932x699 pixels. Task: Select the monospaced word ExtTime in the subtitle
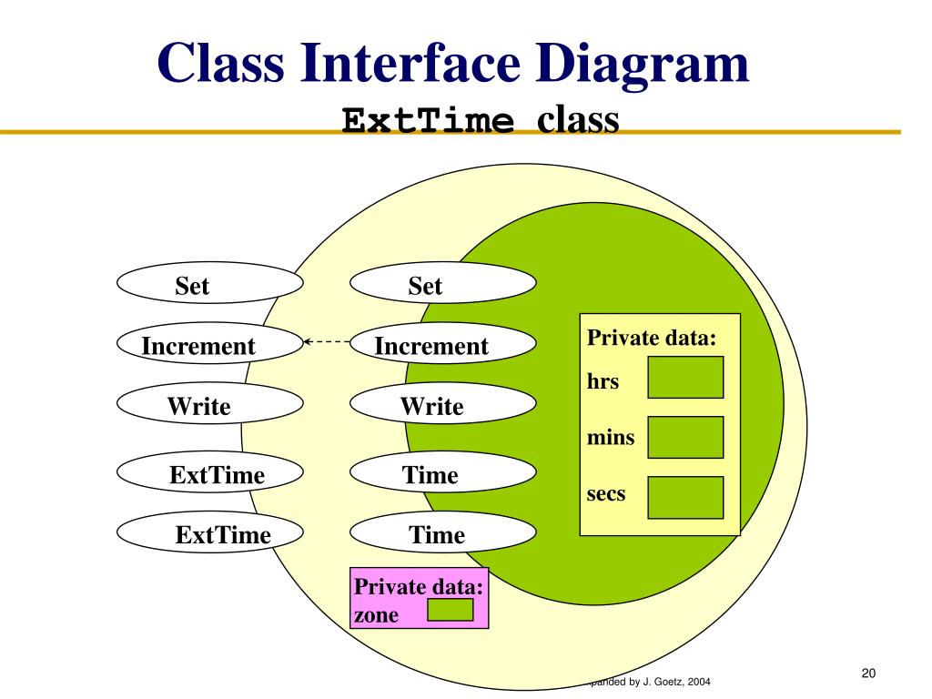click(428, 121)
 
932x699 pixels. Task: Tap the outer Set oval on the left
click(209, 284)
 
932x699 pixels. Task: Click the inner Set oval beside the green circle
click(442, 284)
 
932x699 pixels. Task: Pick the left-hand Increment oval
click(209, 344)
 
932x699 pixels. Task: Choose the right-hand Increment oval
click(442, 344)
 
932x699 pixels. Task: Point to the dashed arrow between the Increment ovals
click(326, 342)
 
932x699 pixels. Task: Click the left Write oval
click(209, 405)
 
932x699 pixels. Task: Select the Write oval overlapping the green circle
click(442, 405)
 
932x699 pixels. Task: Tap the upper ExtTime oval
click(209, 473)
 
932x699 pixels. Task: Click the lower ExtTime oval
click(209, 533)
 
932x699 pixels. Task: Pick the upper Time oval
click(442, 473)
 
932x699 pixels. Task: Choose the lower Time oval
click(442, 533)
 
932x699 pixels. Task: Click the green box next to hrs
click(685, 378)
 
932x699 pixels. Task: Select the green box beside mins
click(685, 437)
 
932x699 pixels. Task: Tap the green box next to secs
click(685, 497)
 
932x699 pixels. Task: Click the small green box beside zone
click(450, 610)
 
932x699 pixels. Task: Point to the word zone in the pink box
click(376, 614)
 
